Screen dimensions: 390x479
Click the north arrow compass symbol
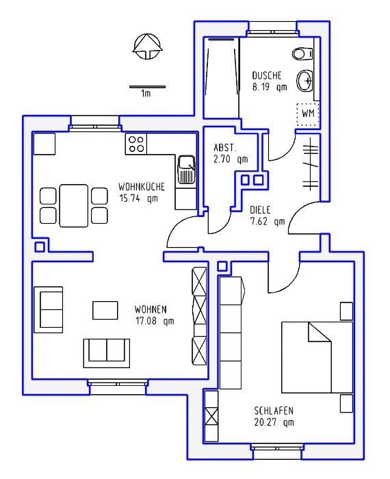click(x=148, y=47)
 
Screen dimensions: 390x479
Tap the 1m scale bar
click(x=148, y=87)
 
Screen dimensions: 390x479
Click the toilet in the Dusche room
click(x=302, y=54)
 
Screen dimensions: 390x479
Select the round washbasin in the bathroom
click(x=304, y=81)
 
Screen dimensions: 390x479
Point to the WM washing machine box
click(x=308, y=114)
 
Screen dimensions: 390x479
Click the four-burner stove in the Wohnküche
click(x=136, y=144)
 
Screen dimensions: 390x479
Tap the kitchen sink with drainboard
click(x=186, y=170)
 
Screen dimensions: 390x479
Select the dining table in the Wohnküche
click(x=74, y=205)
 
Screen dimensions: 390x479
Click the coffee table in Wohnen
click(x=105, y=311)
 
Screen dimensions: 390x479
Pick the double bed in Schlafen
click(x=317, y=357)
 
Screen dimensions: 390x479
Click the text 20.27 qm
click(x=274, y=422)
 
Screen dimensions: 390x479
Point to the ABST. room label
click(x=225, y=148)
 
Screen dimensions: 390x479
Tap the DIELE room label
click(x=260, y=210)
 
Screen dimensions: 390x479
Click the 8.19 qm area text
click(x=270, y=87)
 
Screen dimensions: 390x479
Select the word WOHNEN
click(x=151, y=309)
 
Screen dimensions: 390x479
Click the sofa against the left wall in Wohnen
click(x=49, y=310)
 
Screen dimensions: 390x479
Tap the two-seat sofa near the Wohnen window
click(x=107, y=353)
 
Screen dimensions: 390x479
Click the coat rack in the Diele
click(x=311, y=164)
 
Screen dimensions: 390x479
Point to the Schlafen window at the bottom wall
click(x=277, y=448)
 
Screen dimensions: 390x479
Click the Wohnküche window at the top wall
click(x=94, y=127)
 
